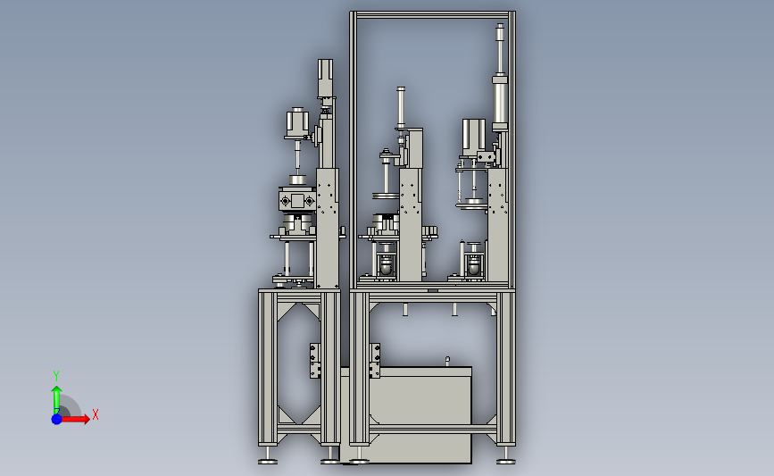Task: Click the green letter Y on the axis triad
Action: tap(55, 376)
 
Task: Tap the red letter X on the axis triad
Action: tap(96, 414)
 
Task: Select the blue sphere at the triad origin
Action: tap(57, 419)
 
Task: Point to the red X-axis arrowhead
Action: tap(87, 419)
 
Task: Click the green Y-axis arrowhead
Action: tap(57, 390)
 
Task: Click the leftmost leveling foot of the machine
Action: tap(268, 461)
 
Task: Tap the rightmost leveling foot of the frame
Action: tap(506, 461)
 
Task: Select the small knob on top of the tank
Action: tap(448, 361)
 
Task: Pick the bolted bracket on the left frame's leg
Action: tap(315, 361)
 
